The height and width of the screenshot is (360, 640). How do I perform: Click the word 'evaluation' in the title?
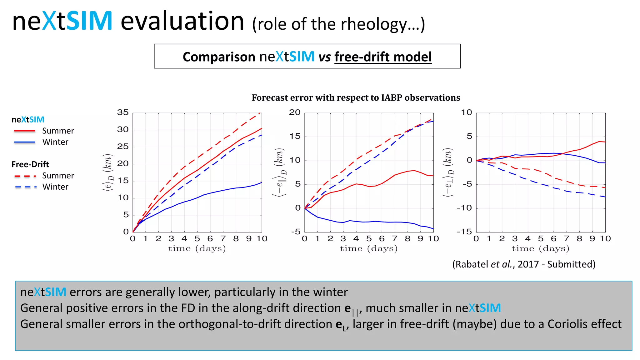tap(182, 21)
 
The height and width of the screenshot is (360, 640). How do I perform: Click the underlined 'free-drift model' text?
tap(383, 57)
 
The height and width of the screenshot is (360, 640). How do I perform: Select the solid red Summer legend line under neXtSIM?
tap(25, 131)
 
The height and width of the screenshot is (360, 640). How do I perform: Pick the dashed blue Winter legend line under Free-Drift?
tap(26, 187)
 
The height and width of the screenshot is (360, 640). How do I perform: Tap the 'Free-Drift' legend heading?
tap(30, 164)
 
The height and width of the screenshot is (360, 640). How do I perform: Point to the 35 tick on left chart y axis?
tap(123, 112)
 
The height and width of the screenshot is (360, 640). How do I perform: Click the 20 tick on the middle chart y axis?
tap(295, 112)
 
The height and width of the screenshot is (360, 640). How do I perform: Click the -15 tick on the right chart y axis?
tap(464, 232)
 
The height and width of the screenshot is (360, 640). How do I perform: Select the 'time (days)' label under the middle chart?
tap(369, 248)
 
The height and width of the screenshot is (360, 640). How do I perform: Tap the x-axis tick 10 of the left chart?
tap(262, 239)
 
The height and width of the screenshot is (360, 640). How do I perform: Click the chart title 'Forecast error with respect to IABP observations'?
tap(356, 98)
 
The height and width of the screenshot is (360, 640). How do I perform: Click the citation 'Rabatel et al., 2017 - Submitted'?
tap(524, 264)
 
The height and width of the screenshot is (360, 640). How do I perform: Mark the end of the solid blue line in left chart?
tap(262, 182)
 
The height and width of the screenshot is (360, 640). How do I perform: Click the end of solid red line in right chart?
tap(605, 142)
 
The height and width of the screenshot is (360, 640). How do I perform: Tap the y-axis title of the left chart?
tap(107, 172)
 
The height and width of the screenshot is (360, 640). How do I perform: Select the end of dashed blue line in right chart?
tap(605, 197)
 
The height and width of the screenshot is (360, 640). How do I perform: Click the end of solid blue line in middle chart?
tap(433, 229)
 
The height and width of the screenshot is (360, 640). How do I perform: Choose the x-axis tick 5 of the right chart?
tap(541, 239)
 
